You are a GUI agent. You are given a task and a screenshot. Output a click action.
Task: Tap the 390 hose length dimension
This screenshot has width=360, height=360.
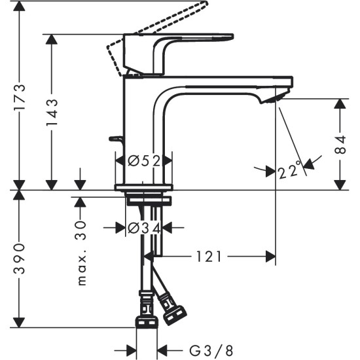(20, 257)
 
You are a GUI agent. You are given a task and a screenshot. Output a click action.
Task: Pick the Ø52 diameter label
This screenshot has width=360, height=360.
(144, 160)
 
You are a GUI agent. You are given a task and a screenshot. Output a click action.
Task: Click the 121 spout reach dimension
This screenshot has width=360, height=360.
(211, 257)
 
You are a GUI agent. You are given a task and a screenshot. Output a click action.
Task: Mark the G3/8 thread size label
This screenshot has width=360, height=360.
(210, 351)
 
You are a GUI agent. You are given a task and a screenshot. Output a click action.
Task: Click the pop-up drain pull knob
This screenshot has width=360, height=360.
(117, 139)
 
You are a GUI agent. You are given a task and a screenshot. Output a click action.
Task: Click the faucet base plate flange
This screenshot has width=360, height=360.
(144, 187)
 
